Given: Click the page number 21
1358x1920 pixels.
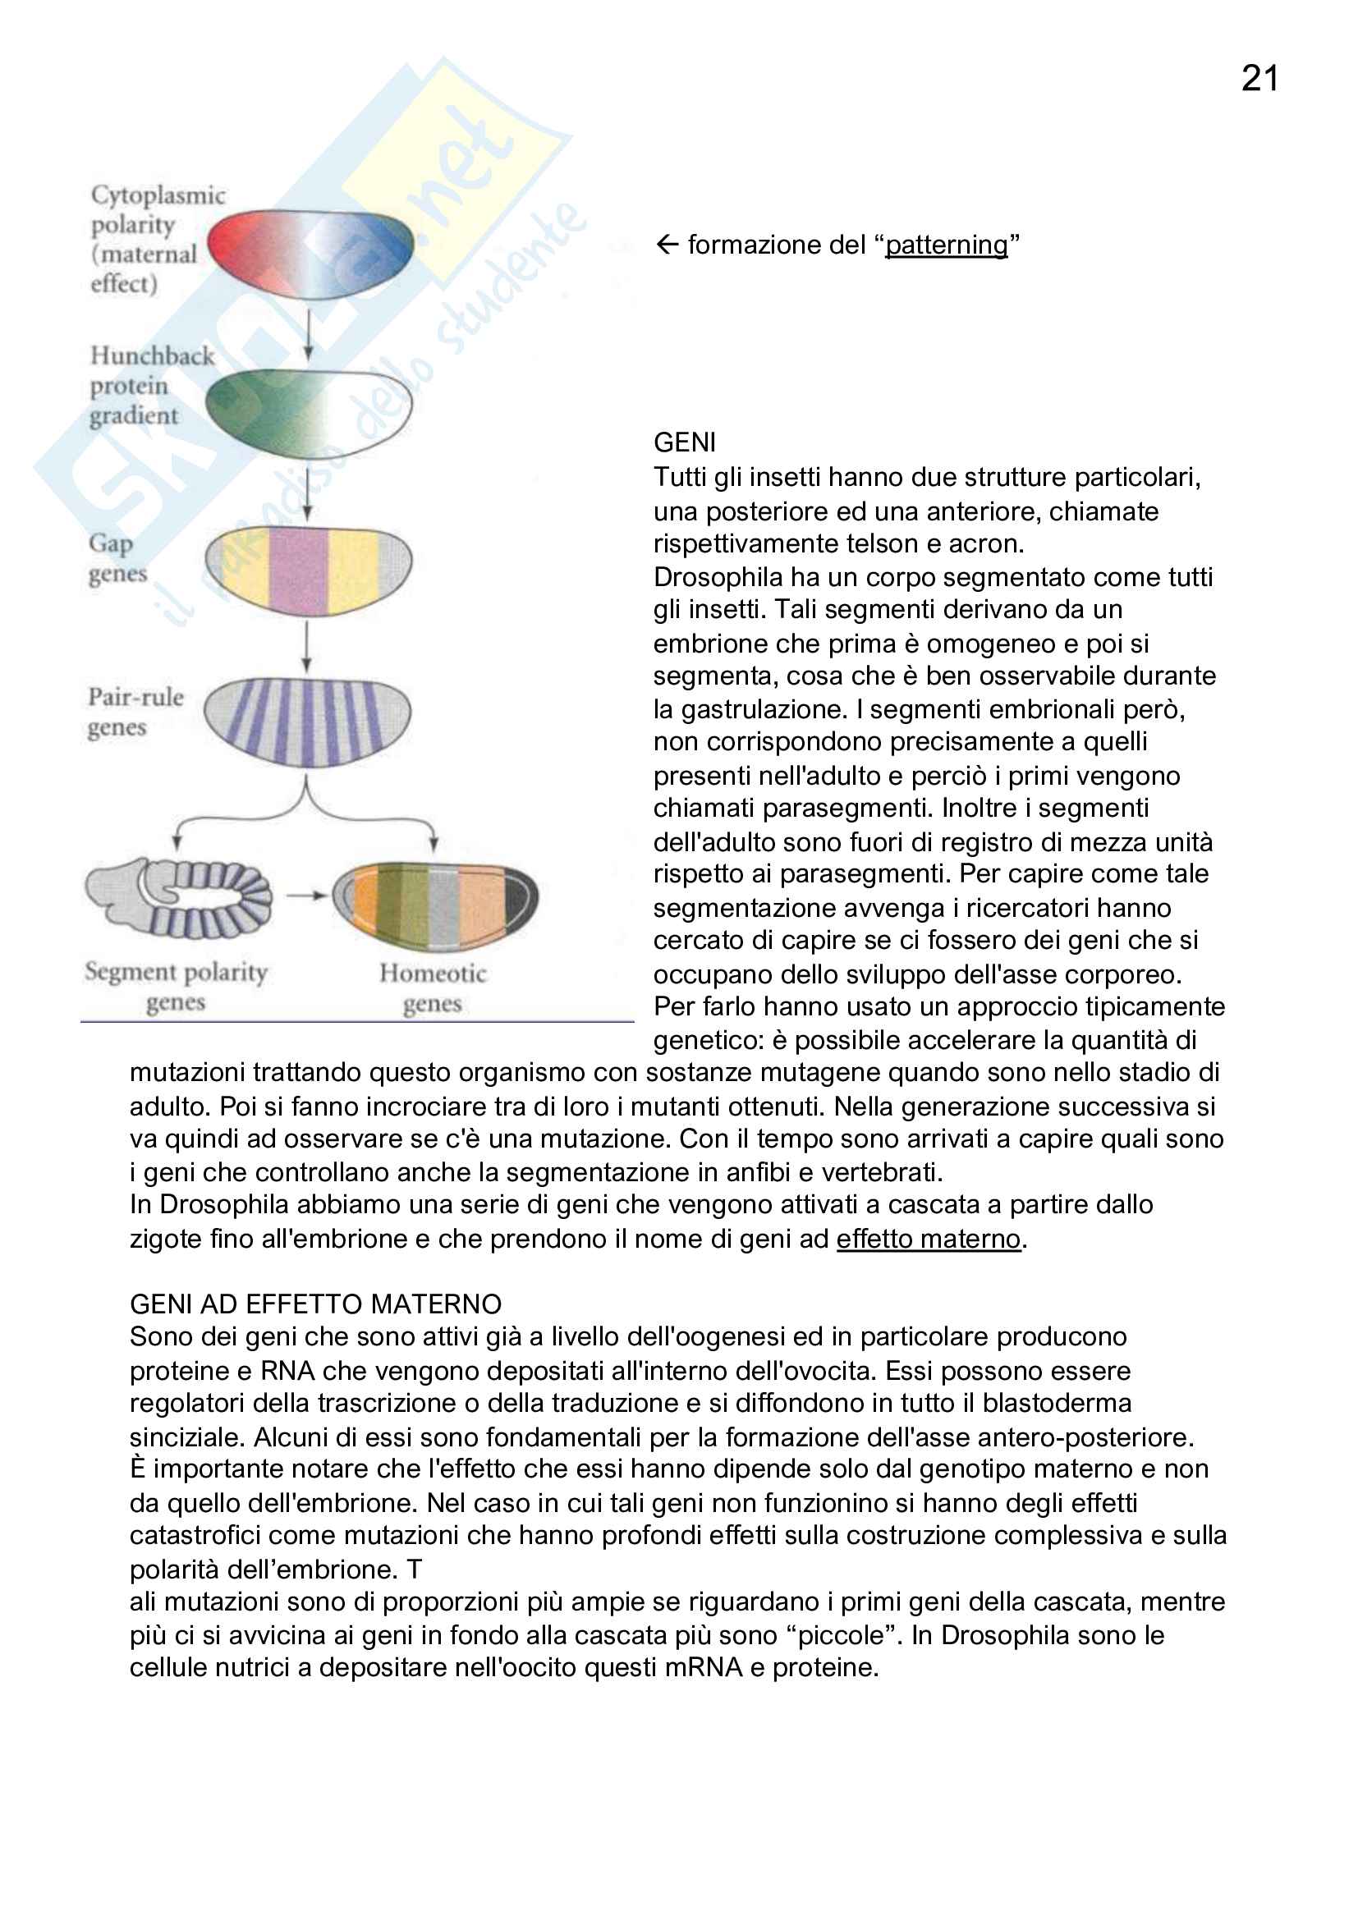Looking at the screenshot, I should pyautogui.click(x=1259, y=79).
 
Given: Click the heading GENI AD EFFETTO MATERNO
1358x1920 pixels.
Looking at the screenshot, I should pyautogui.click(x=315, y=1304).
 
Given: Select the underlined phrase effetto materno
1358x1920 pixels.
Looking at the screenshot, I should pyautogui.click(x=929, y=1239).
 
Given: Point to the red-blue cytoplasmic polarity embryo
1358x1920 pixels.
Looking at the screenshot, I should pyautogui.click(x=310, y=254).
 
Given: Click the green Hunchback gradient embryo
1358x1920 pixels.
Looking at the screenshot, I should pyautogui.click(x=309, y=413).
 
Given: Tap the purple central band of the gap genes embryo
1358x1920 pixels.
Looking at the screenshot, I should pyautogui.click(x=299, y=571).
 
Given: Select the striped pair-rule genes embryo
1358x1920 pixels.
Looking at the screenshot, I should pyautogui.click(x=307, y=722).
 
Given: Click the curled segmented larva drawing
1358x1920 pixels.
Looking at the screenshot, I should pyautogui.click(x=179, y=897).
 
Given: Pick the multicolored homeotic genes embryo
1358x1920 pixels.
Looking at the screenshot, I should pyautogui.click(x=436, y=905).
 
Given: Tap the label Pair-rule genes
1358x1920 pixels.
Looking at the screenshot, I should pyautogui.click(x=135, y=712).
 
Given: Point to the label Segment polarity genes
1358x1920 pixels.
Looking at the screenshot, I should pyautogui.click(x=176, y=987).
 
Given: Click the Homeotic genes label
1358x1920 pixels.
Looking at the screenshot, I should pyautogui.click(x=433, y=987).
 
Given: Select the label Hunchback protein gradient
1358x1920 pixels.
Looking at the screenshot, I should pyautogui.click(x=150, y=386).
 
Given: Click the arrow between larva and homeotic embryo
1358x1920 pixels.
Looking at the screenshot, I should pyautogui.click(x=305, y=896).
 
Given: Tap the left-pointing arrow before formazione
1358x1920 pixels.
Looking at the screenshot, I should pyautogui.click(x=667, y=244).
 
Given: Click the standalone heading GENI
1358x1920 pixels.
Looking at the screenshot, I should pyautogui.click(x=684, y=442).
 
